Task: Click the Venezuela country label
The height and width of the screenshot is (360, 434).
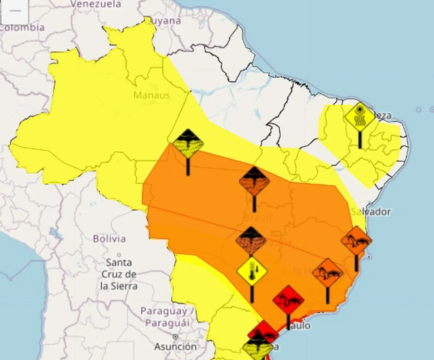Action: (x=95, y=4)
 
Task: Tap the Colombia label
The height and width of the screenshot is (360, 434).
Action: (x=22, y=27)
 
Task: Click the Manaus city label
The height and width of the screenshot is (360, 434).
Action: (x=152, y=95)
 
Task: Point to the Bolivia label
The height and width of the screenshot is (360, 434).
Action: (x=109, y=239)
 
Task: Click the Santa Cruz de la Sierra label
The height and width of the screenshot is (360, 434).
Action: (x=119, y=274)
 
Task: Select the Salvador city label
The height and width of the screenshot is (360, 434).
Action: (x=371, y=212)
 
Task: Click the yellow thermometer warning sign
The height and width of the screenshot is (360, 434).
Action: (x=252, y=271)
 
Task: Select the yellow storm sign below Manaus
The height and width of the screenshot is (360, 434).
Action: (x=188, y=144)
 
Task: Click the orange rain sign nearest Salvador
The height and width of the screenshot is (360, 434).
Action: (x=356, y=241)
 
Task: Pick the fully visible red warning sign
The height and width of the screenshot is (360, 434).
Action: (x=288, y=300)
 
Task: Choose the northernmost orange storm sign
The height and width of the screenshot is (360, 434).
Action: (x=254, y=182)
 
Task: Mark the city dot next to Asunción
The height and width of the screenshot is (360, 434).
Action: (x=175, y=337)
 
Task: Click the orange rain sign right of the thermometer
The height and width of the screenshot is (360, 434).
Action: (x=328, y=273)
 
